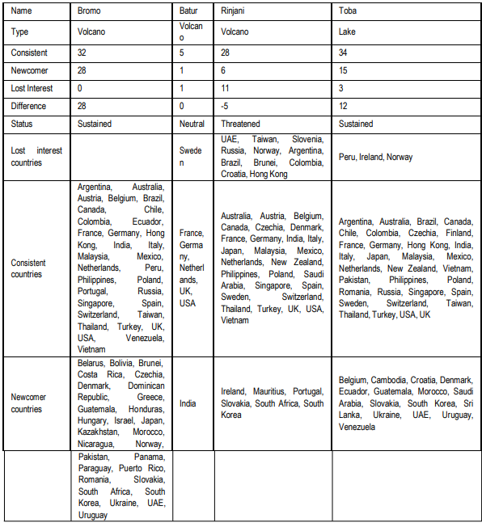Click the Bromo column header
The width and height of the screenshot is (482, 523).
[90, 12]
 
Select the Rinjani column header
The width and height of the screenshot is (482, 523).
[234, 12]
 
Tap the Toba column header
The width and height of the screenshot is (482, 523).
[349, 12]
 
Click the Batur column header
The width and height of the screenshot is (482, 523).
[188, 12]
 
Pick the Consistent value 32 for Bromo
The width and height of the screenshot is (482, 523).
[82, 53]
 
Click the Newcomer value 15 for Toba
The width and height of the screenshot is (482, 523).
[344, 70]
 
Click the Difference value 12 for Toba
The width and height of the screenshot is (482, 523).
[344, 106]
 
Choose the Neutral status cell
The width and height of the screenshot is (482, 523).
[192, 124]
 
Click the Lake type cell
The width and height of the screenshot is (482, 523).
[348, 33]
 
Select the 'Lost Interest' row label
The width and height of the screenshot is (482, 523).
[34, 88]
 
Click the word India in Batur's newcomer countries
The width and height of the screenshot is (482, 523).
[188, 403]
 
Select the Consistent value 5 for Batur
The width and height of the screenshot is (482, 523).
[182, 53]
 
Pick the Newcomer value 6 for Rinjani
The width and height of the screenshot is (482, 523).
[224, 70]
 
